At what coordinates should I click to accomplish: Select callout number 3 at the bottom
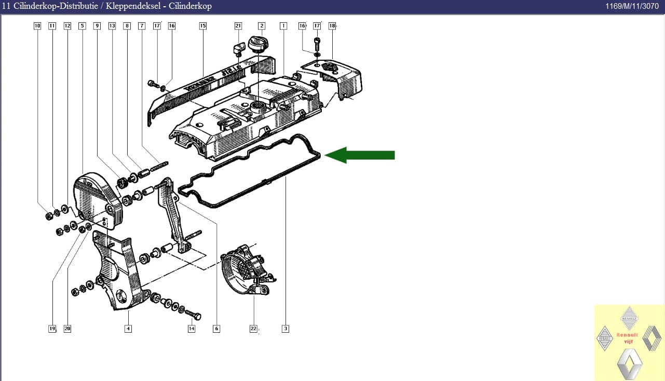286,329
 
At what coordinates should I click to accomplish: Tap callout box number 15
202,25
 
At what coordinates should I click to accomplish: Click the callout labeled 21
238,25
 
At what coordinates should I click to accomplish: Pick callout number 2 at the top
262,25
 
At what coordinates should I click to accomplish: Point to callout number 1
283,25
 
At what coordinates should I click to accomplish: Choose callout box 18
332,25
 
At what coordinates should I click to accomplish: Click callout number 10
37,25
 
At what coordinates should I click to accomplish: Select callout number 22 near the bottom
253,329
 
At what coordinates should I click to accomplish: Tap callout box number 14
192,329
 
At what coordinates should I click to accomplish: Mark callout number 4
128,329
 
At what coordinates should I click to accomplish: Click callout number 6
216,329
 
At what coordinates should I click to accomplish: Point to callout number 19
52,329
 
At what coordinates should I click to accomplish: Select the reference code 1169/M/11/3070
632,6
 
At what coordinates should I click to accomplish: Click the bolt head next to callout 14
196,316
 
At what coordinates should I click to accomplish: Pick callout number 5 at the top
82,25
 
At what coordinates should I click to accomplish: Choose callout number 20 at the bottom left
67,329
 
